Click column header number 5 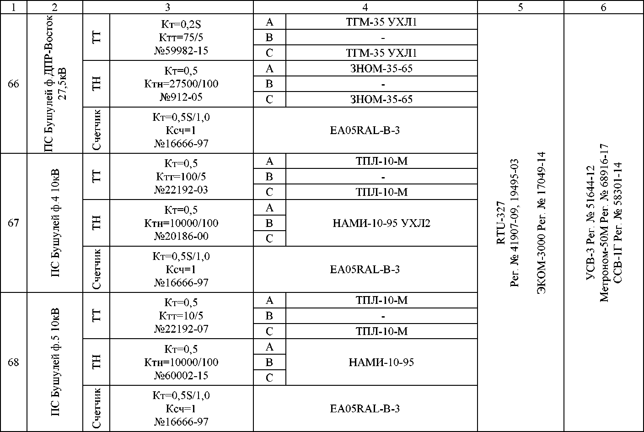(521, 7)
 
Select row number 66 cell (14, 84)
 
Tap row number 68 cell (14, 362)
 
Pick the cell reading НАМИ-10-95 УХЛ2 (381, 223)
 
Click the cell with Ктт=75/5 (181, 38)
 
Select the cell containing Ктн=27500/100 (181, 84)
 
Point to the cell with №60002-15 (181, 375)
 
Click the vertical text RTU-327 (501, 223)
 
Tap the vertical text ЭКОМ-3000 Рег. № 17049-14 (542, 223)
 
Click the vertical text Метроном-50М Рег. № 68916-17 (604, 223)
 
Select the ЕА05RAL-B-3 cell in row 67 (365, 269)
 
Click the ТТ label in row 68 (96, 316)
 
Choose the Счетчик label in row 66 (96, 130)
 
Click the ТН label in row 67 (96, 223)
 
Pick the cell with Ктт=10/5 (181, 316)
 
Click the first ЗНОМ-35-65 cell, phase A (381, 69)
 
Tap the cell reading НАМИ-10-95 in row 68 (381, 362)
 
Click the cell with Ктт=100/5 (181, 177)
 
